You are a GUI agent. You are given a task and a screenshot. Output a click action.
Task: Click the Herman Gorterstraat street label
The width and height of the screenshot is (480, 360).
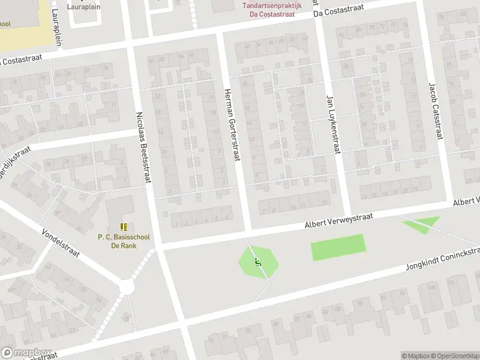point(232,124)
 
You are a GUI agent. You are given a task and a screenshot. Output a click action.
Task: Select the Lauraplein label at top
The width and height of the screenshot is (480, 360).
point(84,7)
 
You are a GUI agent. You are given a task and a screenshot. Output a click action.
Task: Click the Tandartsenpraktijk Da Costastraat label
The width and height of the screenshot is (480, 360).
point(274,8)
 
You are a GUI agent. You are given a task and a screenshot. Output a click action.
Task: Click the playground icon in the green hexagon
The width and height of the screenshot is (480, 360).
point(259,263)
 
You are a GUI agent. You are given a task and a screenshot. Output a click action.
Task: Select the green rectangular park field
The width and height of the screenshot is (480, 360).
point(338,247)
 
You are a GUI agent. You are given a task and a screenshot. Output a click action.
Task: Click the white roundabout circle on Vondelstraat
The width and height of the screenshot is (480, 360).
point(127,288)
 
